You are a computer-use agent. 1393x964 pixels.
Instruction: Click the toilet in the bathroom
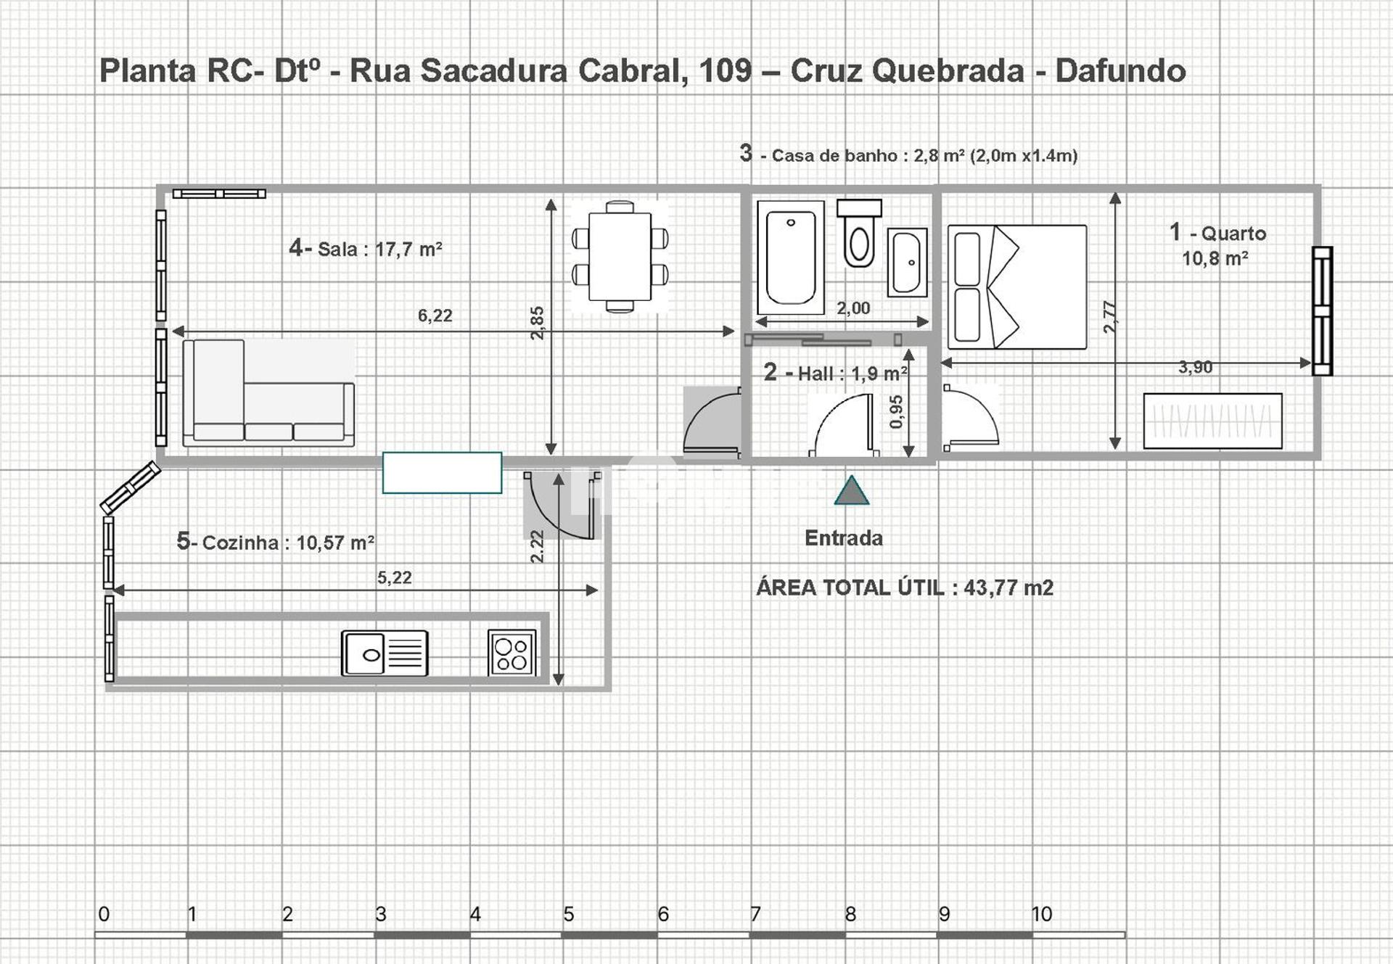(x=859, y=234)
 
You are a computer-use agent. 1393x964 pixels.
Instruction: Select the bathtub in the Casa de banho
(x=791, y=258)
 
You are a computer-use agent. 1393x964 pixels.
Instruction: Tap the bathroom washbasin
(x=907, y=262)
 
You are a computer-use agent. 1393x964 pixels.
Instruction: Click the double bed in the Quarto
(x=1017, y=287)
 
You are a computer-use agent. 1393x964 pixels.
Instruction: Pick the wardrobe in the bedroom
(x=1212, y=421)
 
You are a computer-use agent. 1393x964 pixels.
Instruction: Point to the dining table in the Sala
(x=620, y=256)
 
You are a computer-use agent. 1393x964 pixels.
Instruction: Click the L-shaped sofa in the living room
(x=268, y=392)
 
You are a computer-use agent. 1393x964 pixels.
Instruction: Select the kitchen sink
(x=385, y=653)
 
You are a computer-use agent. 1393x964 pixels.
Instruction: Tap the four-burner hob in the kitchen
(x=512, y=653)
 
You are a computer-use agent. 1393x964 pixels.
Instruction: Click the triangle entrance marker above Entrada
(x=852, y=491)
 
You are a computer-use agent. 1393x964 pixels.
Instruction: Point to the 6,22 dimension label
(x=435, y=316)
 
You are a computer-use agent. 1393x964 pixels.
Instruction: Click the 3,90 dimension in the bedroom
(x=1195, y=367)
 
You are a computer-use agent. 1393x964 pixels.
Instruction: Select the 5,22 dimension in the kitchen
(x=394, y=577)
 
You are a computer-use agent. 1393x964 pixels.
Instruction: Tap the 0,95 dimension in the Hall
(x=896, y=412)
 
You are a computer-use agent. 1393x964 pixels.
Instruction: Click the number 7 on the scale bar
(x=755, y=914)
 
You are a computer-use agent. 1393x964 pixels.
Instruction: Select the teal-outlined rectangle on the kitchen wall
(x=442, y=472)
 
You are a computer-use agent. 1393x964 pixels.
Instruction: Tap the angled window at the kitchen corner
(x=130, y=487)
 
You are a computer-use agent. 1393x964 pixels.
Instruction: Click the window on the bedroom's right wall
(x=1322, y=310)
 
